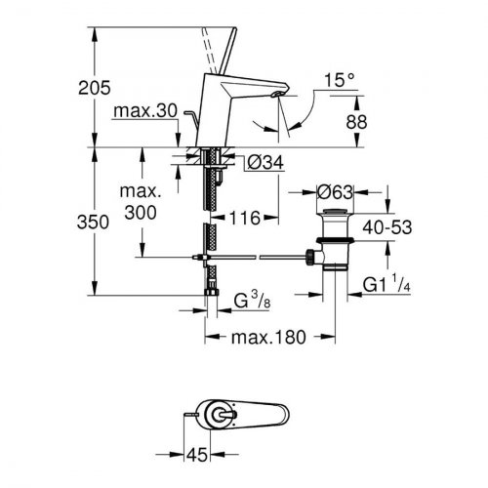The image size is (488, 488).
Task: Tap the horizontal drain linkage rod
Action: pos(254,258)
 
